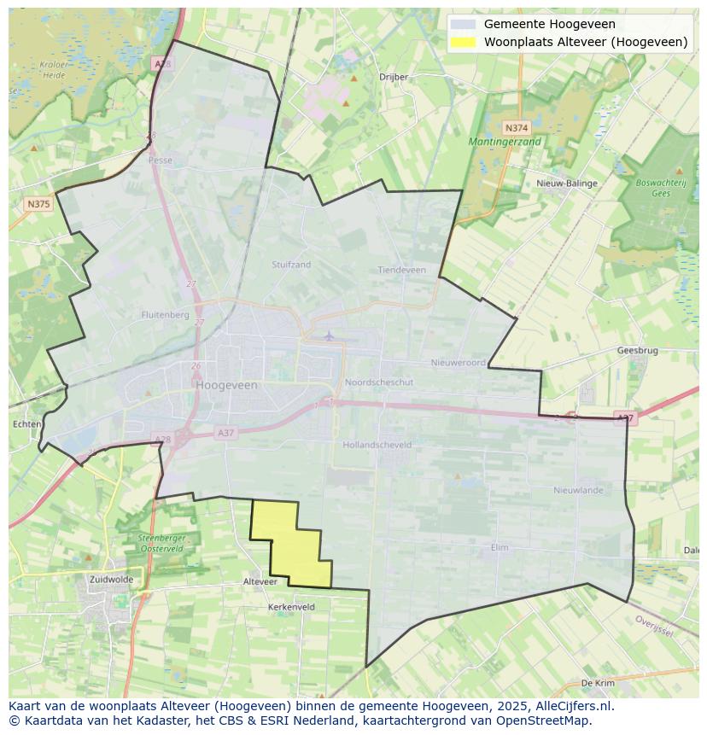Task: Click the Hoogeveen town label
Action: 226,385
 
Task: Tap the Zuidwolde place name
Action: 111,579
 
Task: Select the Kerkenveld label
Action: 291,607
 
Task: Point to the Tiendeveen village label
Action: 401,270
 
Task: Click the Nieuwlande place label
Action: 578,490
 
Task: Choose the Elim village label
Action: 500,547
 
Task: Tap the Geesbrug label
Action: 637,350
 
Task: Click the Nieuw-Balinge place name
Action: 567,183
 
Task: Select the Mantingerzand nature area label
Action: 505,142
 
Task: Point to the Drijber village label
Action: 394,76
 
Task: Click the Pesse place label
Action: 160,160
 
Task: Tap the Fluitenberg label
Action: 165,314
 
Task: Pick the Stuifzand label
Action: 291,265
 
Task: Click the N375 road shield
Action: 38,204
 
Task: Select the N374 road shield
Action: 517,126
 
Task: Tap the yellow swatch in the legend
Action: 463,42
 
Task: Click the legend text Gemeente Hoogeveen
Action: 549,24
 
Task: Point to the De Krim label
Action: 597,683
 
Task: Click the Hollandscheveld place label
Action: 377,445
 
